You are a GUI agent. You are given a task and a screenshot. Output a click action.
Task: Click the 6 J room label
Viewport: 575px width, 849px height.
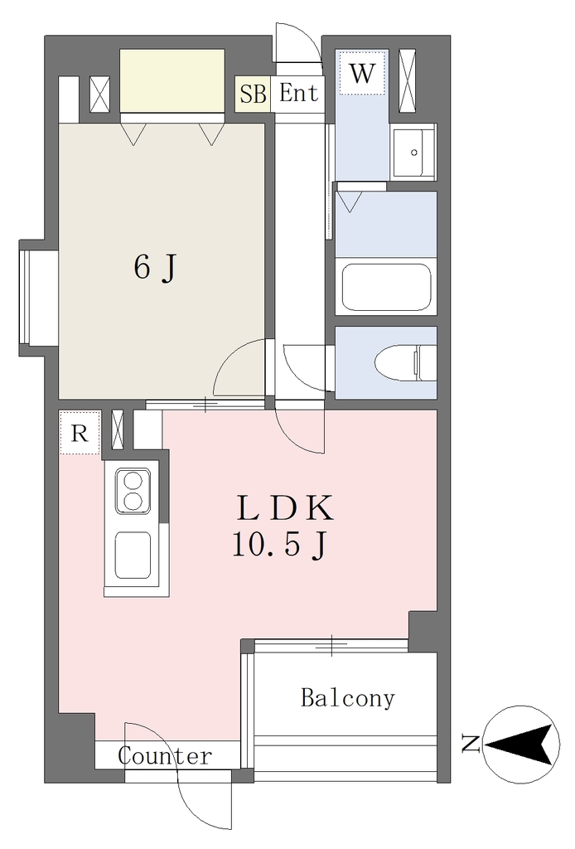click(155, 267)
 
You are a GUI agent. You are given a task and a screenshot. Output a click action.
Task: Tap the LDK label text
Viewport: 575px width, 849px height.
click(285, 508)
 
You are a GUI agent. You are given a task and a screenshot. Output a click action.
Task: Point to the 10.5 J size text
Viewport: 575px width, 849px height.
click(279, 544)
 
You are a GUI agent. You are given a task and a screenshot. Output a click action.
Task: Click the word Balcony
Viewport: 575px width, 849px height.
click(348, 698)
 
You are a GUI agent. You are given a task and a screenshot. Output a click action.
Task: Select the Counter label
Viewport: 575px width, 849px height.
click(165, 756)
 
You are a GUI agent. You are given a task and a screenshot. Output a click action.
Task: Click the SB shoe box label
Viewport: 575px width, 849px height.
click(254, 95)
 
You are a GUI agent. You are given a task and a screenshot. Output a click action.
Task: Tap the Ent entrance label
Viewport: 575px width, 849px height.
click(298, 93)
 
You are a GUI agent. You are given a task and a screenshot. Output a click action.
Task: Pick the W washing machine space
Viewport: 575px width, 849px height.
click(362, 73)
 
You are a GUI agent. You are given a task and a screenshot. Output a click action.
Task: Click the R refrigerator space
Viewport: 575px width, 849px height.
click(80, 432)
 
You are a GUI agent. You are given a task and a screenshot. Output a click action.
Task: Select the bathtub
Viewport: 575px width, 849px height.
click(386, 287)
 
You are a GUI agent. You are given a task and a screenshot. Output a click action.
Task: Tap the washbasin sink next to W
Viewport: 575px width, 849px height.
click(413, 153)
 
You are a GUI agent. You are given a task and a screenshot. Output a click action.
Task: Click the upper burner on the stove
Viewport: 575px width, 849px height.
click(132, 480)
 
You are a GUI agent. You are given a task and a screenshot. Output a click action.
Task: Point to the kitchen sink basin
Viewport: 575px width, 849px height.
click(133, 554)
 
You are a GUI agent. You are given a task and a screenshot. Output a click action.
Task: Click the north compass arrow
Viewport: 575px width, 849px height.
click(522, 745)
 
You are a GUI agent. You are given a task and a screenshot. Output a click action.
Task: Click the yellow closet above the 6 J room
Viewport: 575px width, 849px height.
click(172, 80)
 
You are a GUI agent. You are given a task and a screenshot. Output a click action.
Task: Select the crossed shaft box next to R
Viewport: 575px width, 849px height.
click(118, 430)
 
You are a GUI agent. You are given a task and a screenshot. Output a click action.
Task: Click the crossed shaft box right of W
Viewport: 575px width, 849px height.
click(407, 80)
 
